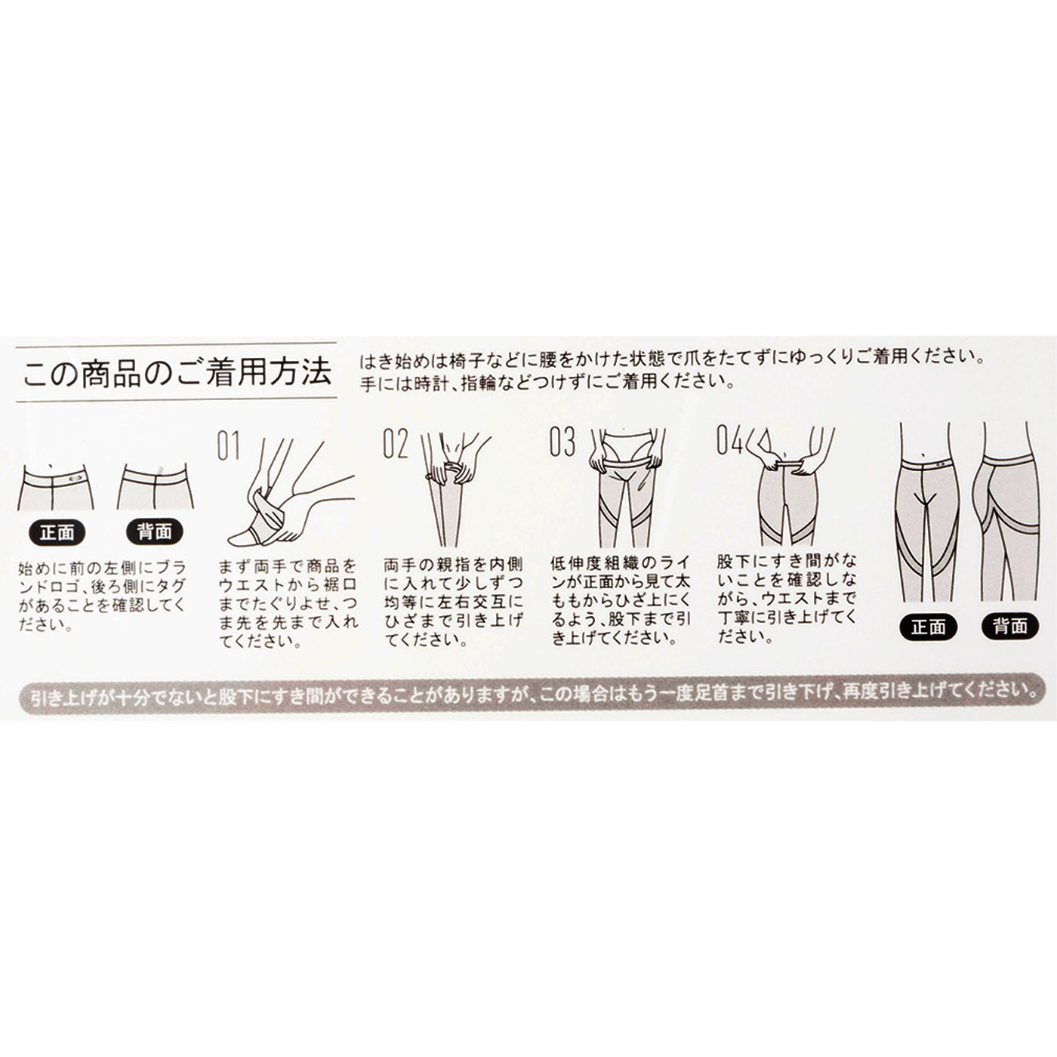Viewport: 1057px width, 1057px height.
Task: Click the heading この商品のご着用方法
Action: (x=177, y=372)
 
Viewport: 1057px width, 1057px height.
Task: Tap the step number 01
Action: (x=228, y=446)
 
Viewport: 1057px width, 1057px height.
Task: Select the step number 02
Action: (x=396, y=444)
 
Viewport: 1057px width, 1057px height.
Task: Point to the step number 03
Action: (x=562, y=442)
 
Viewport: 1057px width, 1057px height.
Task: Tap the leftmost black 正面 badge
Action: (x=57, y=532)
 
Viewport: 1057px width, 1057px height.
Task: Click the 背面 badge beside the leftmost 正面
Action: (x=155, y=532)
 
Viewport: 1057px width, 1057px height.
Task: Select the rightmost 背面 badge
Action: (x=1010, y=627)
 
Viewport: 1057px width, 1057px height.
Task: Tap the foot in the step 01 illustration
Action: (x=248, y=535)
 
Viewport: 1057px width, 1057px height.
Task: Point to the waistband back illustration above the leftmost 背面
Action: (x=156, y=486)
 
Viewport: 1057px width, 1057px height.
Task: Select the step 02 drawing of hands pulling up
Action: (x=455, y=488)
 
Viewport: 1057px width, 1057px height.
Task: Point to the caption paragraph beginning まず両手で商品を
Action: (x=288, y=602)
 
